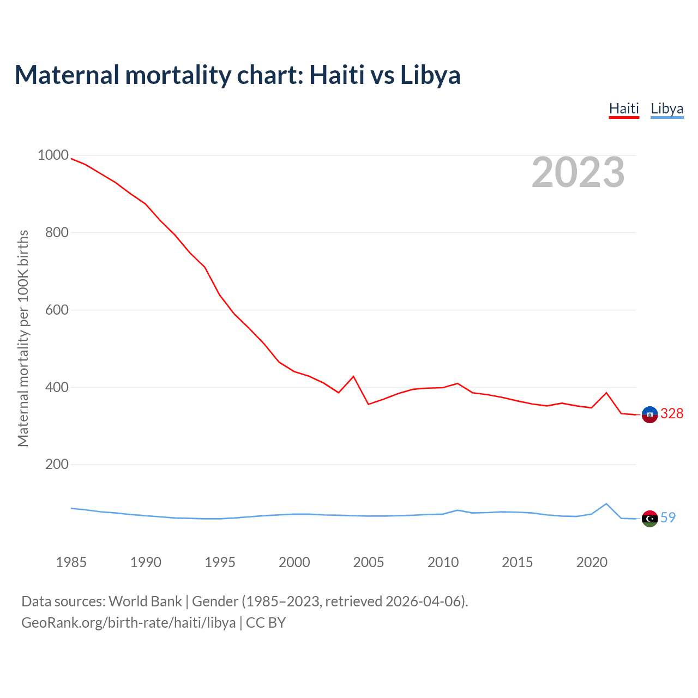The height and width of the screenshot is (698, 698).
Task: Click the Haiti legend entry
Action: pos(624,109)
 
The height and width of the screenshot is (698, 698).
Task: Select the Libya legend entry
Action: pos(667,109)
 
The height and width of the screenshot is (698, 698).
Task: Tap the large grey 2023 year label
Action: pos(578,172)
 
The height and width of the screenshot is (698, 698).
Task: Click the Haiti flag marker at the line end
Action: pos(649,414)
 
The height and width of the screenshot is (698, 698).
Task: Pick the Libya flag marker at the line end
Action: pos(649,519)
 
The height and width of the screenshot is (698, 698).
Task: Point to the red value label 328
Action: pos(672,414)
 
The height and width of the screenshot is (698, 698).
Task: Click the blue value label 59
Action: pos(668,518)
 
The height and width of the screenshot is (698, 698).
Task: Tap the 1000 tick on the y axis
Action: pos(53,155)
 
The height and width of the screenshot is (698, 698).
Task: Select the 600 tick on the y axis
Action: pos(57,310)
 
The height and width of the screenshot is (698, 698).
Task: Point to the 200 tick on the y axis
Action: pos(57,465)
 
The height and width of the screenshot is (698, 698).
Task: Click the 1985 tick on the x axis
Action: pos(71,562)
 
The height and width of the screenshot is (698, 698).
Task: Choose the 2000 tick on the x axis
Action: pos(294,562)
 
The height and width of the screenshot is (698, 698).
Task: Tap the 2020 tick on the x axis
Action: pos(592,562)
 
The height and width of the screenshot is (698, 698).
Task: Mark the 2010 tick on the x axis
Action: pos(443,562)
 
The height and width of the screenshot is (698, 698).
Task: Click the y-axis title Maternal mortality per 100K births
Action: pos(23,338)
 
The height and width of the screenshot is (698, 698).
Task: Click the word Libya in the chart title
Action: pos(430,75)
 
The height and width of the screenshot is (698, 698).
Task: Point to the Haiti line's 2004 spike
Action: pos(353,377)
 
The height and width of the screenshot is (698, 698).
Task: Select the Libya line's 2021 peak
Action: pos(606,504)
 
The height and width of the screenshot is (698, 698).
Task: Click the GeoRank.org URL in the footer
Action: pos(129,623)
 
